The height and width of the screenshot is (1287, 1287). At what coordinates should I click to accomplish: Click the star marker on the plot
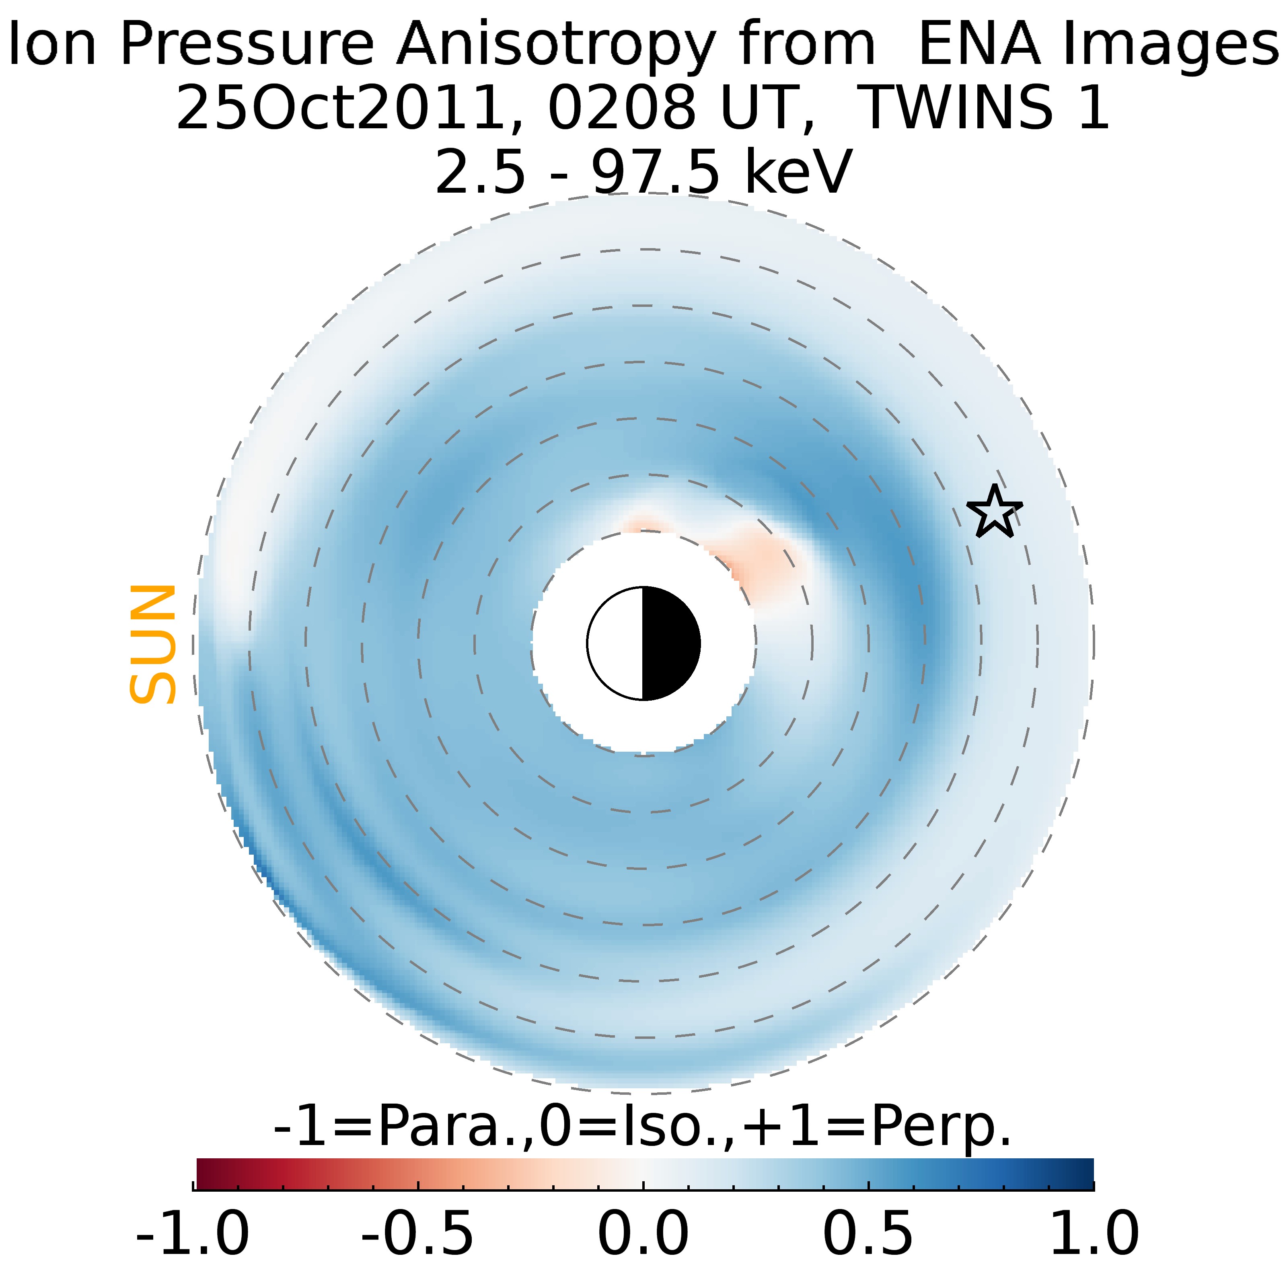tap(994, 512)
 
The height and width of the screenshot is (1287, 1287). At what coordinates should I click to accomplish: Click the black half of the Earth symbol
tap(670, 643)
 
